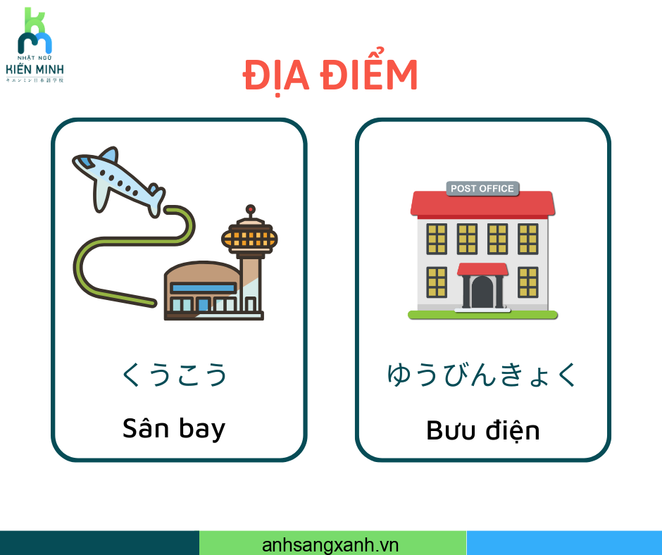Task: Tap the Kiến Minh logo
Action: pyautogui.click(x=35, y=45)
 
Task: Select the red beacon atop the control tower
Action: pyautogui.click(x=250, y=209)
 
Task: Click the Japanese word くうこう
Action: pyautogui.click(x=175, y=375)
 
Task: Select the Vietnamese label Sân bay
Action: pyautogui.click(x=174, y=429)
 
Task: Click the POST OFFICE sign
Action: pyautogui.click(x=482, y=189)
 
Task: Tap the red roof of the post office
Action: pyautogui.click(x=482, y=204)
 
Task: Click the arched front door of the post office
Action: pyautogui.click(x=482, y=292)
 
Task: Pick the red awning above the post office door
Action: pyautogui.click(x=482, y=269)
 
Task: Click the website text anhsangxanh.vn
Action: pyautogui.click(x=330, y=545)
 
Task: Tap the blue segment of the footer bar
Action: pyautogui.click(x=564, y=543)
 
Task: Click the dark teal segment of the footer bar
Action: pyautogui.click(x=99, y=543)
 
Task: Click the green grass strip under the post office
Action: pyautogui.click(x=482, y=315)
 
